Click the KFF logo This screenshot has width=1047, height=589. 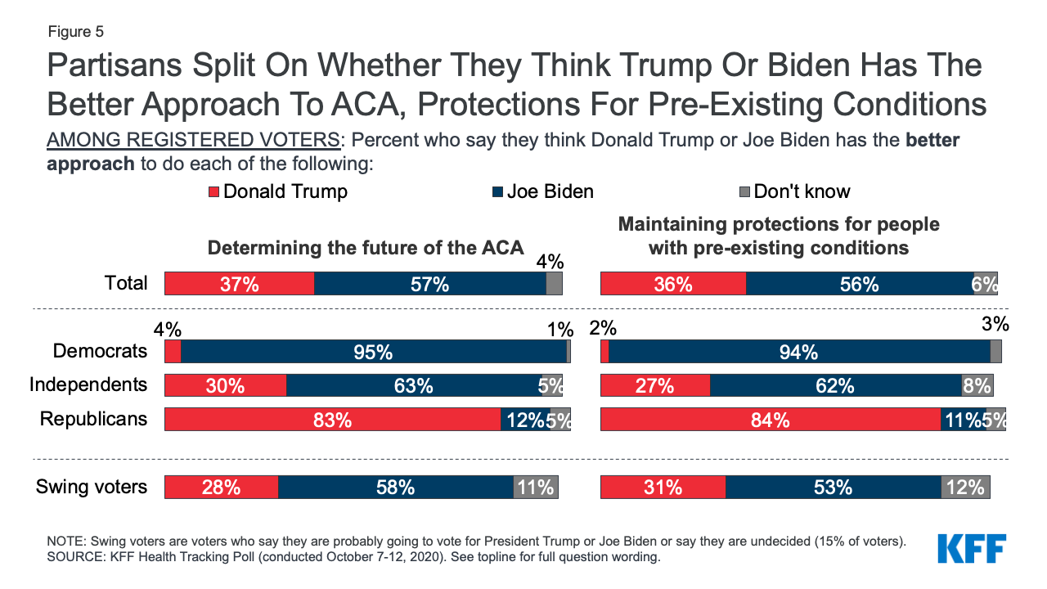(972, 549)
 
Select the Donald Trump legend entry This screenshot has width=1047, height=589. (278, 191)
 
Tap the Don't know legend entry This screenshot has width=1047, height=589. (794, 191)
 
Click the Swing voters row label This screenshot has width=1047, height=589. (92, 487)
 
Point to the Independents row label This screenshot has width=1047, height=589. (88, 384)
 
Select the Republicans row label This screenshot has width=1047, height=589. (94, 419)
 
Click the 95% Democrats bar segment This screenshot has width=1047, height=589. (374, 352)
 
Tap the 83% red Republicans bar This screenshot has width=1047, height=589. (332, 420)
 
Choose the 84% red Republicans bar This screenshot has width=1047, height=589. (771, 420)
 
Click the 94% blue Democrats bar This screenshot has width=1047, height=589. (799, 352)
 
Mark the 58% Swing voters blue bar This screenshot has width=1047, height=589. (396, 488)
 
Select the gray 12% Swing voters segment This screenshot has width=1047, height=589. (965, 488)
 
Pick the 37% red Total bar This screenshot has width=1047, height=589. (239, 284)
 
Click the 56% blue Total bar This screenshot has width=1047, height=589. (860, 284)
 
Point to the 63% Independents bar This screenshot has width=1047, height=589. (414, 385)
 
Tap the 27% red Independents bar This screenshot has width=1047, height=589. (655, 385)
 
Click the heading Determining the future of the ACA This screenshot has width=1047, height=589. (365, 248)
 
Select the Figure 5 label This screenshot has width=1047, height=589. (75, 32)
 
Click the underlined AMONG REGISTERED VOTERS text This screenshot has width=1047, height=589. (192, 140)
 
